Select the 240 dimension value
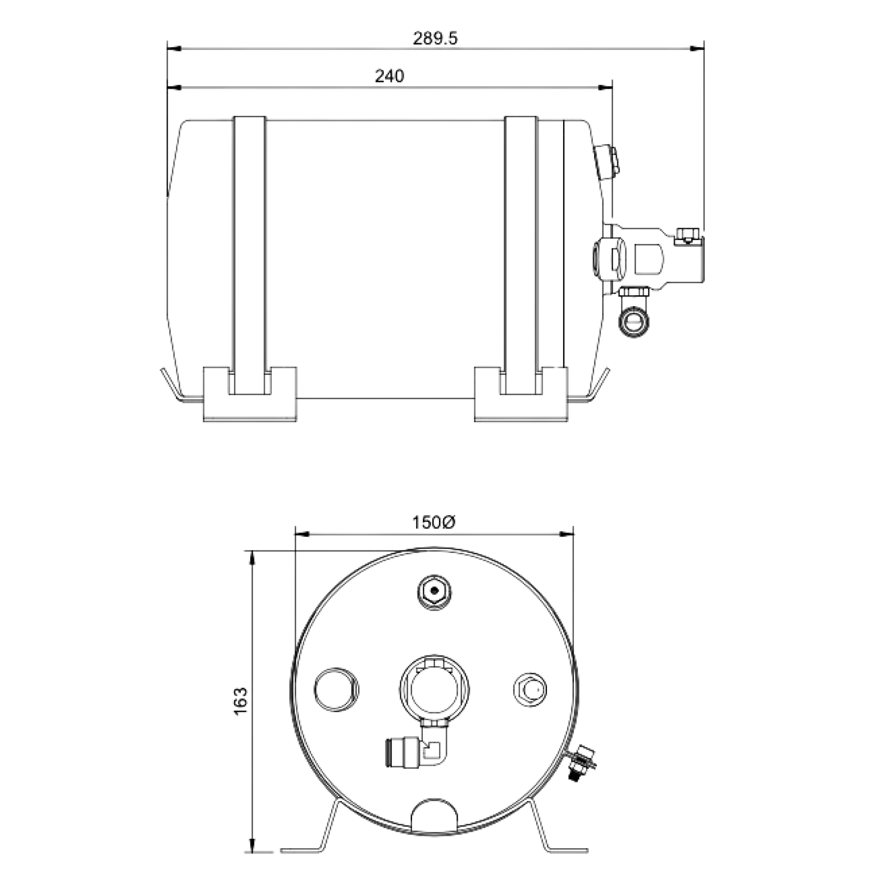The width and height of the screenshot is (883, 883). (x=390, y=77)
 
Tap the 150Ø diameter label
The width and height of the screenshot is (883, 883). (x=434, y=523)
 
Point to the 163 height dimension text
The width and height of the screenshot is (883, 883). (x=241, y=701)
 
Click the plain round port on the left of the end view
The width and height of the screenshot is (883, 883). (x=336, y=689)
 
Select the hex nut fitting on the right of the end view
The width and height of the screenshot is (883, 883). (x=530, y=689)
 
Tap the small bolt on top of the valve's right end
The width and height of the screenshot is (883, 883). (x=685, y=235)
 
